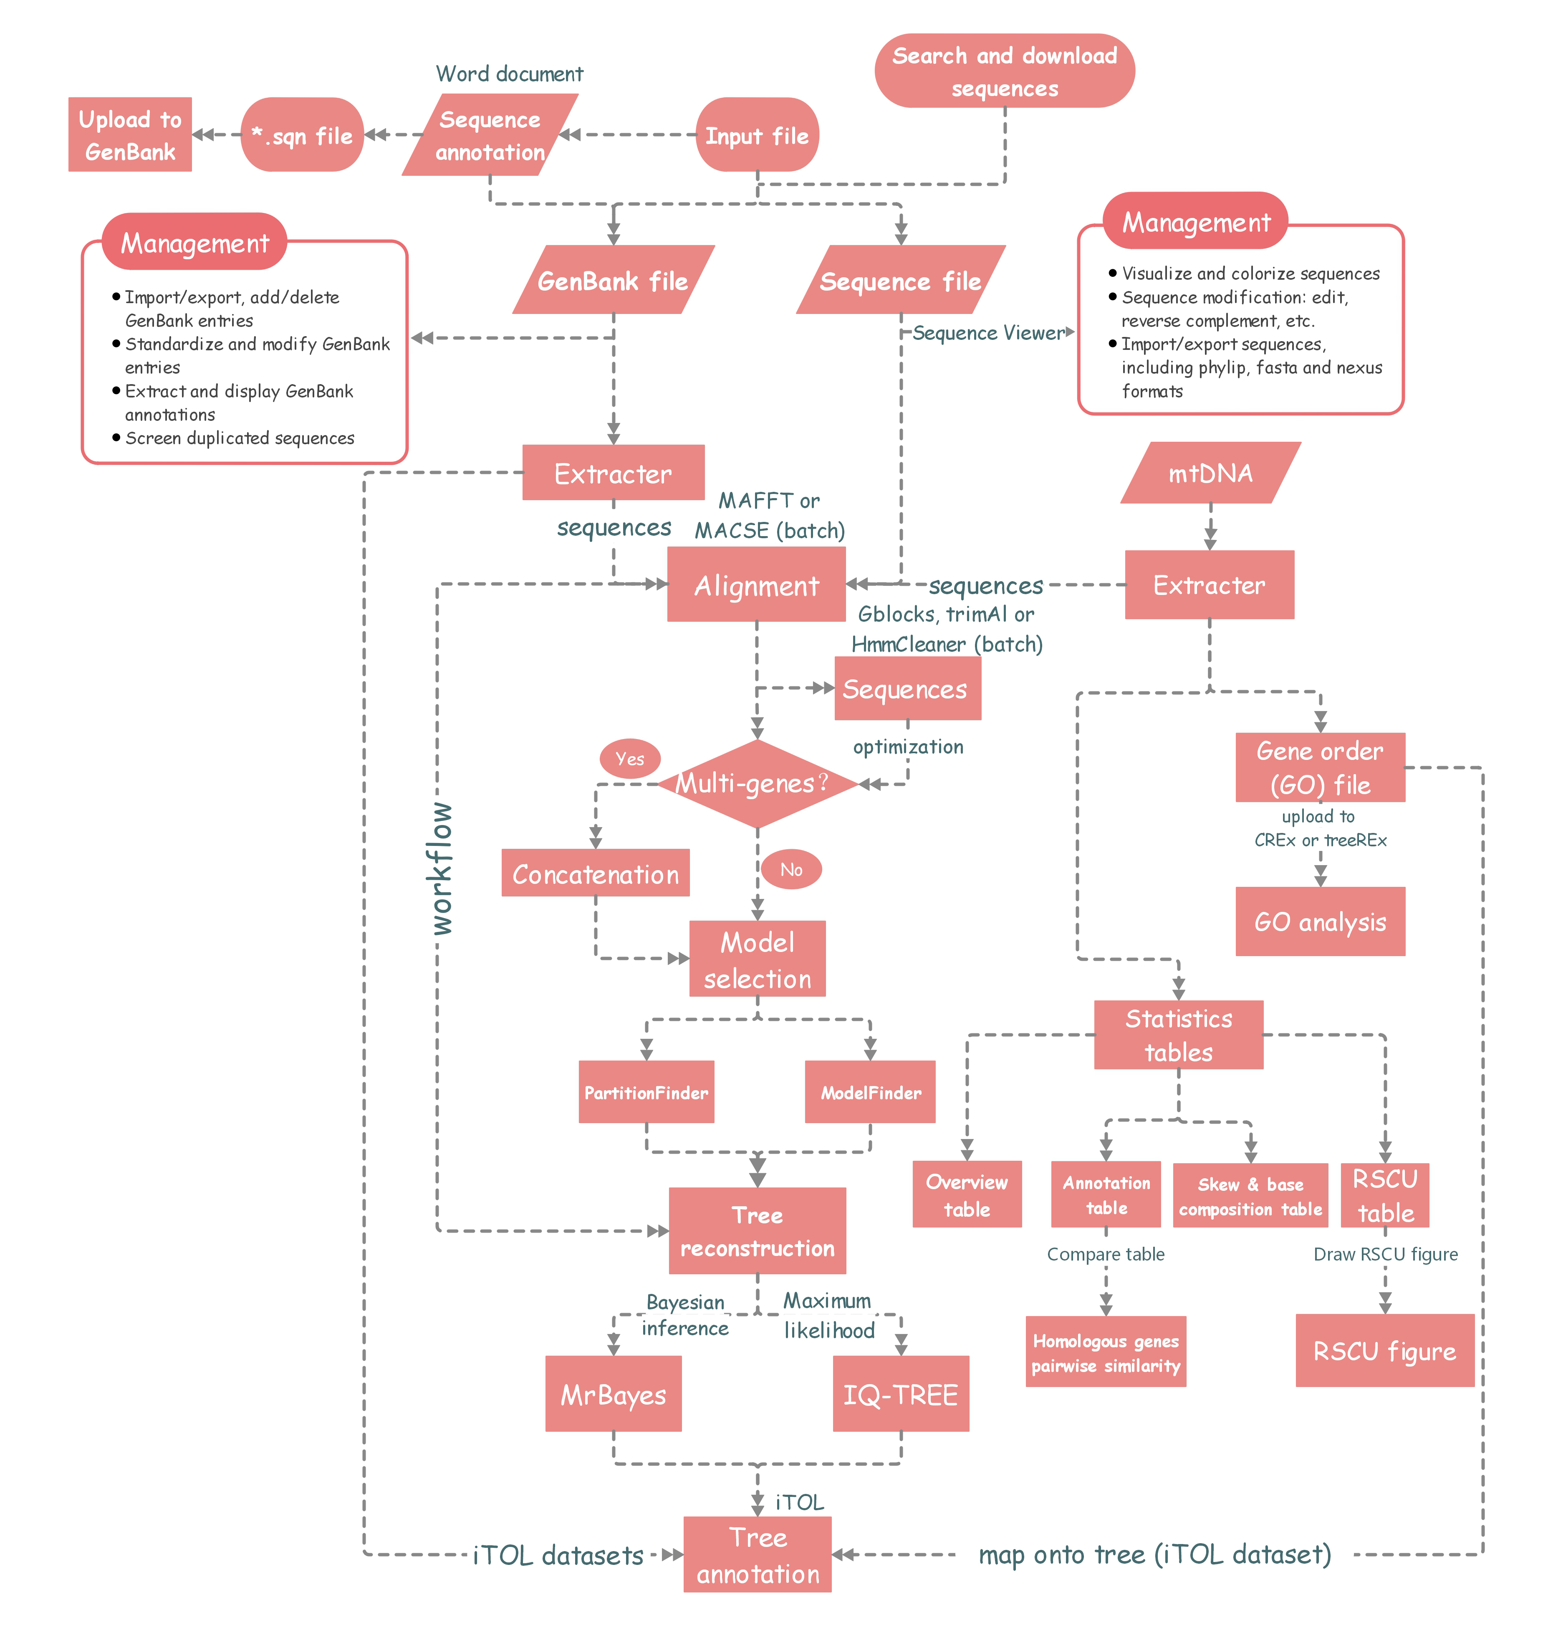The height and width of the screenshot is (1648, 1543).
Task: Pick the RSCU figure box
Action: click(x=1384, y=1349)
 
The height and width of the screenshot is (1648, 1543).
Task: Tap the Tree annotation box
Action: click(x=757, y=1554)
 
